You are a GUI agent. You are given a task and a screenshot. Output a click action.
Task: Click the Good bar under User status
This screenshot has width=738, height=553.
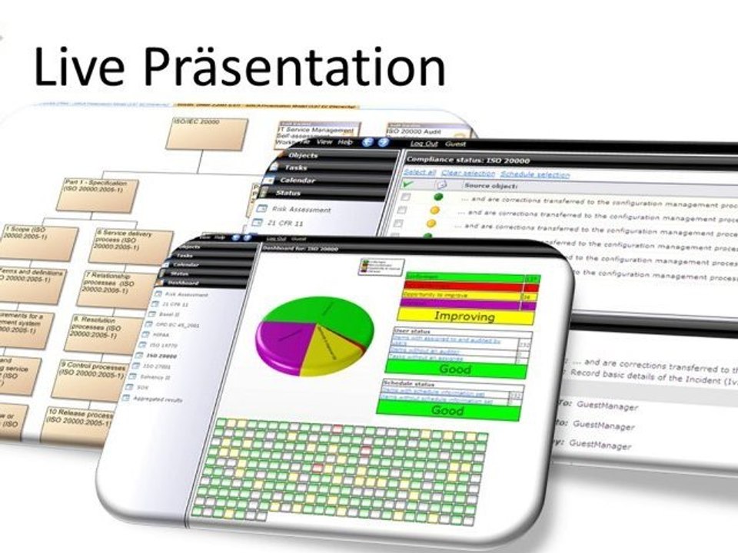click(455, 369)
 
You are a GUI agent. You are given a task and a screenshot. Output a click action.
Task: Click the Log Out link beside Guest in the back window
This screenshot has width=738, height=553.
click(423, 144)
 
